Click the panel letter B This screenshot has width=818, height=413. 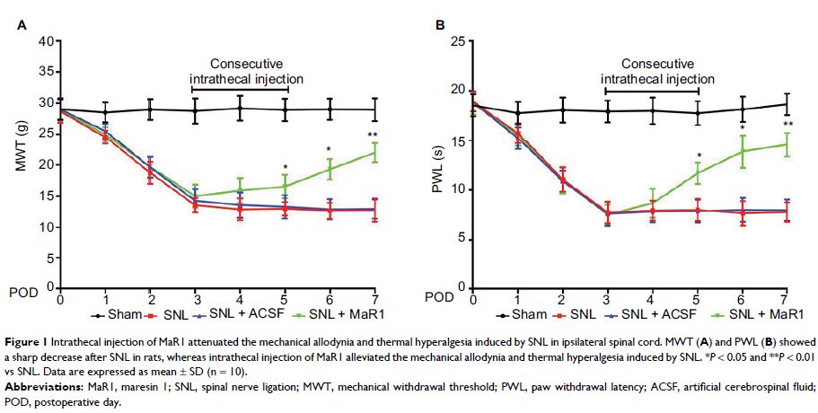[440, 26]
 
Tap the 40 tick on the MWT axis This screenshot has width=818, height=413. [45, 41]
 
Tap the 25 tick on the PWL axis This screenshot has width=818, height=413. [458, 41]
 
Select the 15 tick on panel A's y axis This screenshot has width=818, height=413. [45, 196]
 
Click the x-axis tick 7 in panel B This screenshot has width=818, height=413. [787, 298]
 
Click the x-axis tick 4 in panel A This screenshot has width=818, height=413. [240, 298]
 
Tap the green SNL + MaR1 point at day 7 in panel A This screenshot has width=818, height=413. [374, 153]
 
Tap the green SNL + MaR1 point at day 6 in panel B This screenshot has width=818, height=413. [742, 150]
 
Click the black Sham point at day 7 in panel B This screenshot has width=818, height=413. [787, 104]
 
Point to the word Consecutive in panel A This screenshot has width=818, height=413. [246, 65]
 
